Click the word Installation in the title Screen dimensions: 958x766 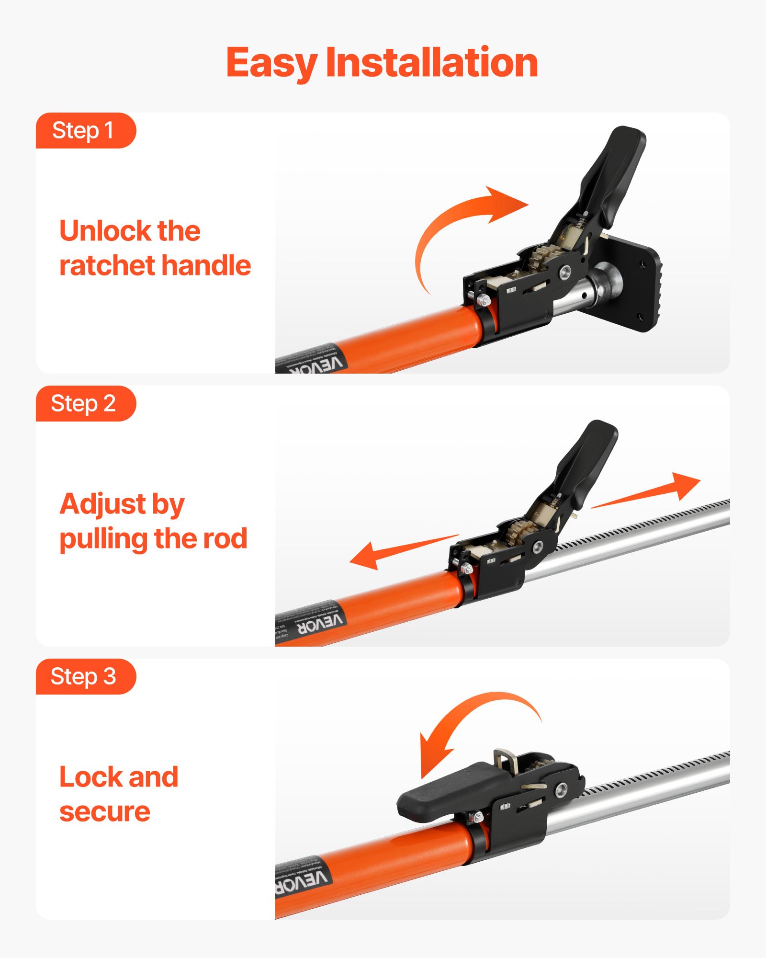coord(432,63)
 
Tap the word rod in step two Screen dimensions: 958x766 coord(225,539)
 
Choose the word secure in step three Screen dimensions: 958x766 coord(105,812)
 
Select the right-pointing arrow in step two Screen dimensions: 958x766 coord(651,491)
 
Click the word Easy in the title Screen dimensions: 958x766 coord(271,63)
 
